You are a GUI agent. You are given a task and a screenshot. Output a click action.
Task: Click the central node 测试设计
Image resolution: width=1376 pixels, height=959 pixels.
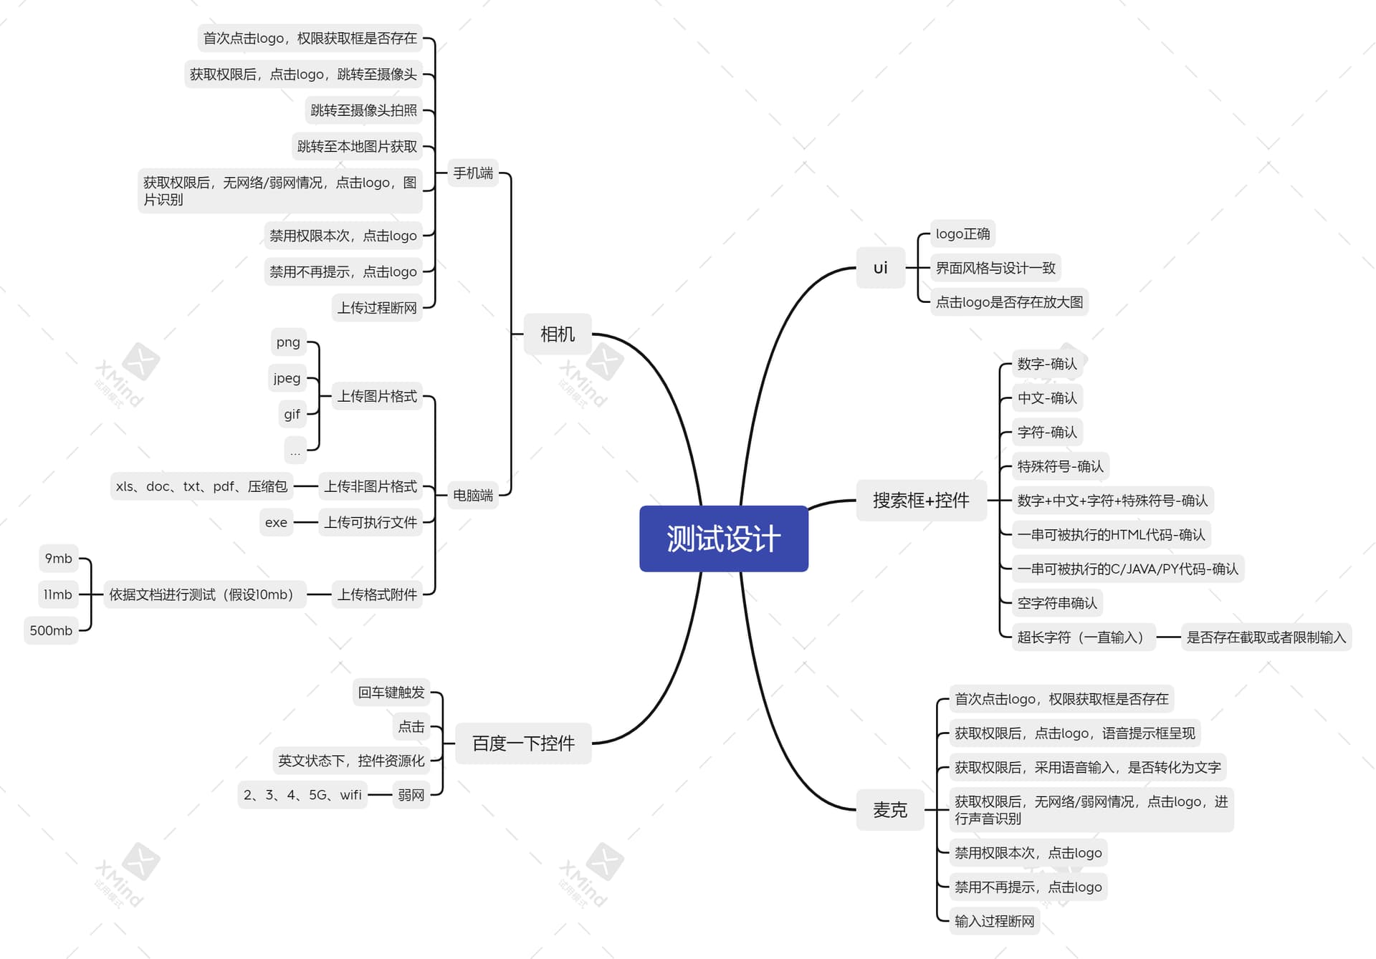(x=724, y=539)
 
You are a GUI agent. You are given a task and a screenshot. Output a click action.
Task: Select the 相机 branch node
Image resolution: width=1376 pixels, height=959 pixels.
(x=558, y=334)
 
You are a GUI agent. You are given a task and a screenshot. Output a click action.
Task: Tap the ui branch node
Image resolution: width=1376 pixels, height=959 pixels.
(x=881, y=268)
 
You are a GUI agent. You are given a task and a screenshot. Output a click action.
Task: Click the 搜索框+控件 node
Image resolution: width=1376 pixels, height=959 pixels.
(x=921, y=500)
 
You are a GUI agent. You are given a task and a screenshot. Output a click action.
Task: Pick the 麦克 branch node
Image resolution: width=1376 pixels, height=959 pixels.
(x=890, y=810)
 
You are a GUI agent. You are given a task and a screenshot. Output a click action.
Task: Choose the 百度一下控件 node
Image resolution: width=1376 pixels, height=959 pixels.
(x=523, y=743)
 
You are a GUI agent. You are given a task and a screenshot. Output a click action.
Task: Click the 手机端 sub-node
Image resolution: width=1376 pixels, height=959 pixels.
(x=473, y=173)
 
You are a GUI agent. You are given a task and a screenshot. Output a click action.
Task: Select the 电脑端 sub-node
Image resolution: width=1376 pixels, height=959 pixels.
(x=473, y=495)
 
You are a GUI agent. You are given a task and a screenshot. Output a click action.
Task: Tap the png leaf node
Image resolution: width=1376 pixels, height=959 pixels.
(x=288, y=342)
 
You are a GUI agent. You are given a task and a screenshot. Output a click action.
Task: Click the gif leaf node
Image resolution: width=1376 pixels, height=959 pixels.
(x=292, y=414)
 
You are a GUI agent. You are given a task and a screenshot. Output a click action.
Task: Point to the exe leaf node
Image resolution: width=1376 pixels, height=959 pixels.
(x=276, y=522)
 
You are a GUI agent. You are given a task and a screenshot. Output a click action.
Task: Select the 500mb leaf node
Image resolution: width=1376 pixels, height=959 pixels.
(x=51, y=630)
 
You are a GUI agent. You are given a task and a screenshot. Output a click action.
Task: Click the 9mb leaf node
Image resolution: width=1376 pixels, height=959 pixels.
(x=58, y=559)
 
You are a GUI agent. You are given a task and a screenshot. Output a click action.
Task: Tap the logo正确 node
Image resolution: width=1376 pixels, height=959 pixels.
(x=962, y=233)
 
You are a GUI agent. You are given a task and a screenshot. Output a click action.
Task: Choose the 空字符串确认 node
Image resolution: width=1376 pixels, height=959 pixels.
(x=1057, y=603)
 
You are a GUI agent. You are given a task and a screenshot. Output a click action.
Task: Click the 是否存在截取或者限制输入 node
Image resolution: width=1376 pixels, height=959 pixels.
(x=1266, y=637)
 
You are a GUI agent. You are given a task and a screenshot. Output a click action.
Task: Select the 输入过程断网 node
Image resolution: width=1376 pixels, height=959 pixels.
(x=995, y=921)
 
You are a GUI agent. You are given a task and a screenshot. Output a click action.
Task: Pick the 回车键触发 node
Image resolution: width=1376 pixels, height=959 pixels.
(x=391, y=693)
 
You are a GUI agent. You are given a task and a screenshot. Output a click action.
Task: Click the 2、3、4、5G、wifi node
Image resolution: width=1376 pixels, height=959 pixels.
(x=302, y=795)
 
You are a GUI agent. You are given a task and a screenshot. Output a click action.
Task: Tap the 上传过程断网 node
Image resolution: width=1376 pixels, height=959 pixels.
(x=377, y=308)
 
